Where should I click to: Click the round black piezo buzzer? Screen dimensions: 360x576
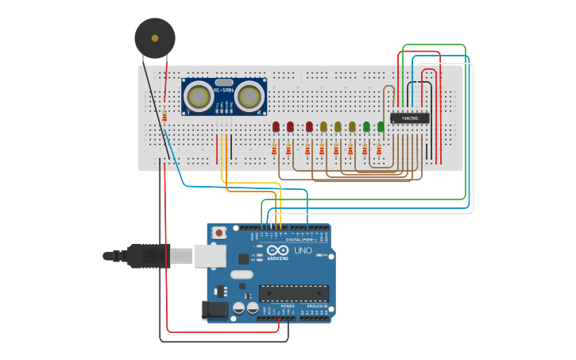(x=154, y=37)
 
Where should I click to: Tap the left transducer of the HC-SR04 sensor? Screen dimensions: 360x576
(x=198, y=97)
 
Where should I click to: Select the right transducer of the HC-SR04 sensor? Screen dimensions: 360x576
(x=249, y=97)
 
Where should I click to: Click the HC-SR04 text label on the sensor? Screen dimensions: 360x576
(x=223, y=91)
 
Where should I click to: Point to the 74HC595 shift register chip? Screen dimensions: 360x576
(x=410, y=118)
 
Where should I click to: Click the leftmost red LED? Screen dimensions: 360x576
(x=276, y=126)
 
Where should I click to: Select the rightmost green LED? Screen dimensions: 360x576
(x=381, y=126)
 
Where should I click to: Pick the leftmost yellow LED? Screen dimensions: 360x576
(x=323, y=126)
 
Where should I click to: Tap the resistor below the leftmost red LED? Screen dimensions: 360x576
(x=274, y=149)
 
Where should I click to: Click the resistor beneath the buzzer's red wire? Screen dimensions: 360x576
(x=164, y=116)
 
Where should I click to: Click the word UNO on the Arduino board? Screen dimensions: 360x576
(x=303, y=250)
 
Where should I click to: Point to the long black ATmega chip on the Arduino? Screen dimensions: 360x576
(x=293, y=292)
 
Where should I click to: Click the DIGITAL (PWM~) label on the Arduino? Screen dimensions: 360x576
(x=300, y=238)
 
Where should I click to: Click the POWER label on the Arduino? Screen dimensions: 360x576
(x=287, y=305)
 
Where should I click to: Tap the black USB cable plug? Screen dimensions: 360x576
(x=148, y=256)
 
